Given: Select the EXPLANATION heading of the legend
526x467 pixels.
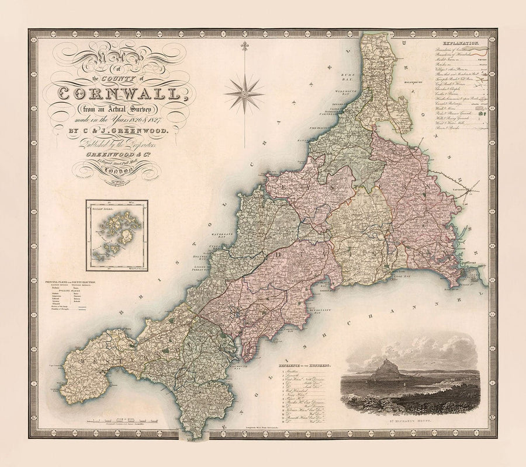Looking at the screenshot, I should click(461, 44).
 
